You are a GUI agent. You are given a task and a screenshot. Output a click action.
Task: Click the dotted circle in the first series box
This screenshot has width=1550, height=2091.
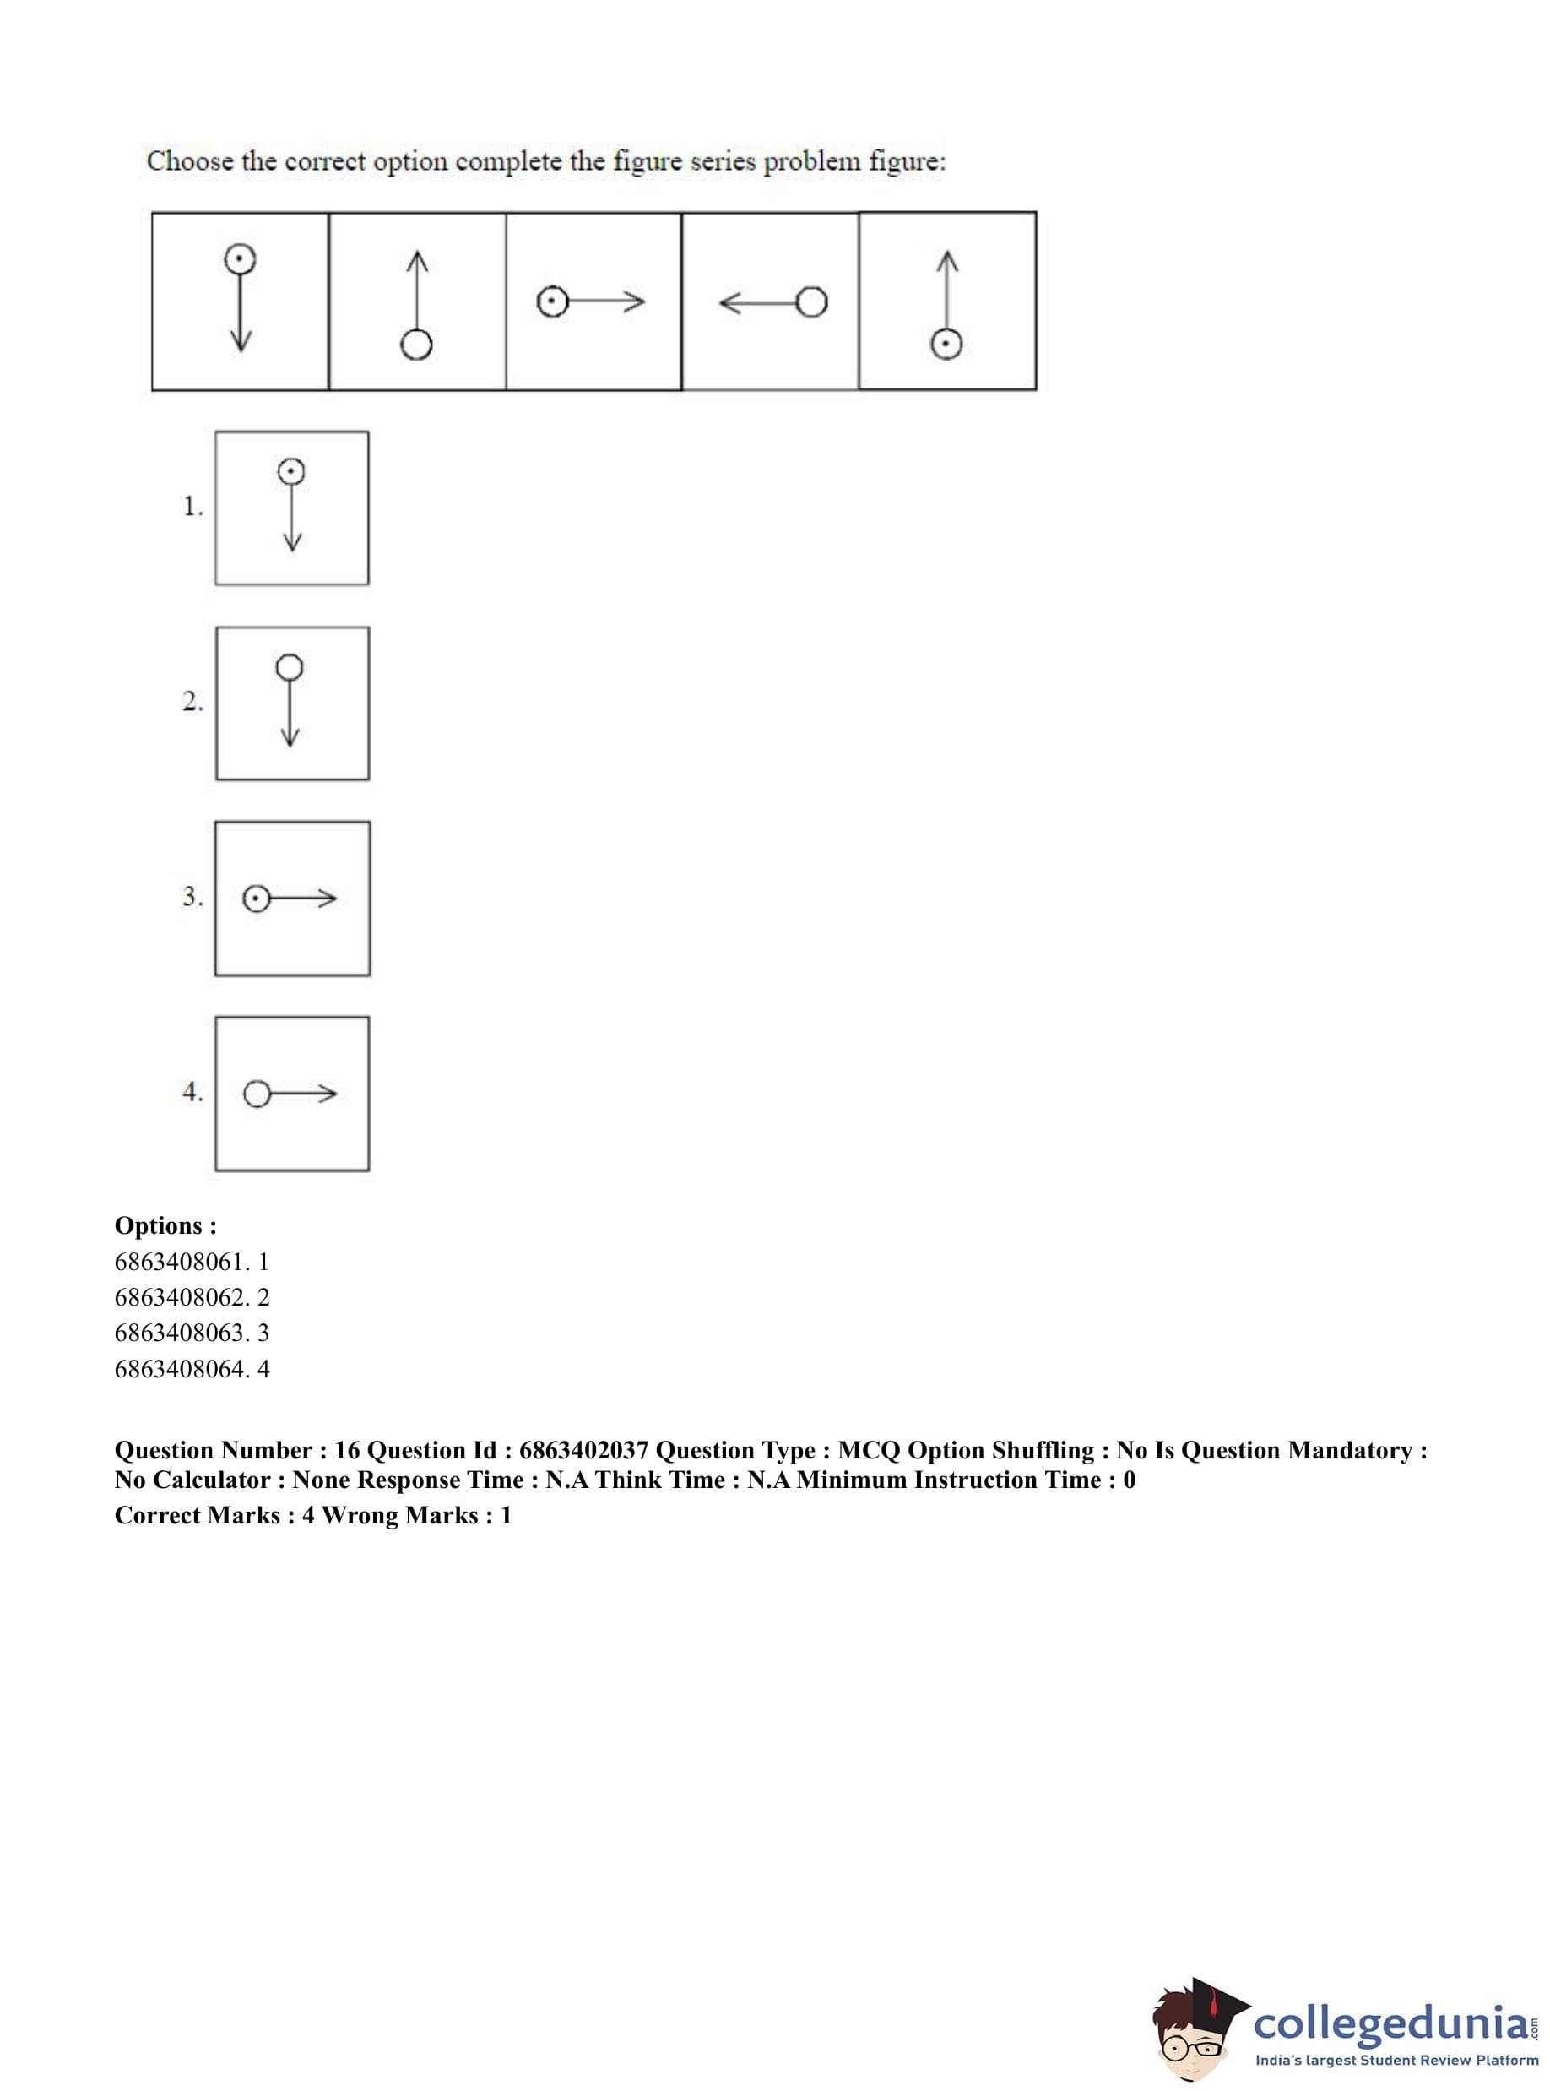(241, 258)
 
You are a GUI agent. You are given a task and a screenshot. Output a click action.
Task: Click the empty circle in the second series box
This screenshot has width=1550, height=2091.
(415, 345)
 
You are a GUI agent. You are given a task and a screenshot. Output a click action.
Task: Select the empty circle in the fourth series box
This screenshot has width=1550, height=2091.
(811, 302)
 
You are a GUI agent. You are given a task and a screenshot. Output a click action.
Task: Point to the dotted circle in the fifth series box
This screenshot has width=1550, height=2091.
(946, 345)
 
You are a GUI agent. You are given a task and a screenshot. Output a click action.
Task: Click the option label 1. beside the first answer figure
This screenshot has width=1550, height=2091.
(192, 507)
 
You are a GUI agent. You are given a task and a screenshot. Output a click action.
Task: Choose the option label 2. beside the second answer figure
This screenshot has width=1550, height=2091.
(192, 702)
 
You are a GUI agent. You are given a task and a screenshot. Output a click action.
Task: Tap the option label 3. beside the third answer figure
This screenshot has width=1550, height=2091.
(192, 897)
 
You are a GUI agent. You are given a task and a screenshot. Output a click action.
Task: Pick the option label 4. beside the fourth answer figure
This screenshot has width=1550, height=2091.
(192, 1093)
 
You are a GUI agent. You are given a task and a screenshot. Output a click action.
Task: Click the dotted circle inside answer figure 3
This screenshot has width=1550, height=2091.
(256, 899)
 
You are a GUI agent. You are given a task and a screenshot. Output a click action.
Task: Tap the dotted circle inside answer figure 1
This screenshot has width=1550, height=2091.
(291, 471)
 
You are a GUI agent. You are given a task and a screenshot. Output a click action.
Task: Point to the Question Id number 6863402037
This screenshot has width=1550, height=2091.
(583, 1450)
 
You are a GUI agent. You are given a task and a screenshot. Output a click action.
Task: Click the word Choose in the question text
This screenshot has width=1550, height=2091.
(189, 161)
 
